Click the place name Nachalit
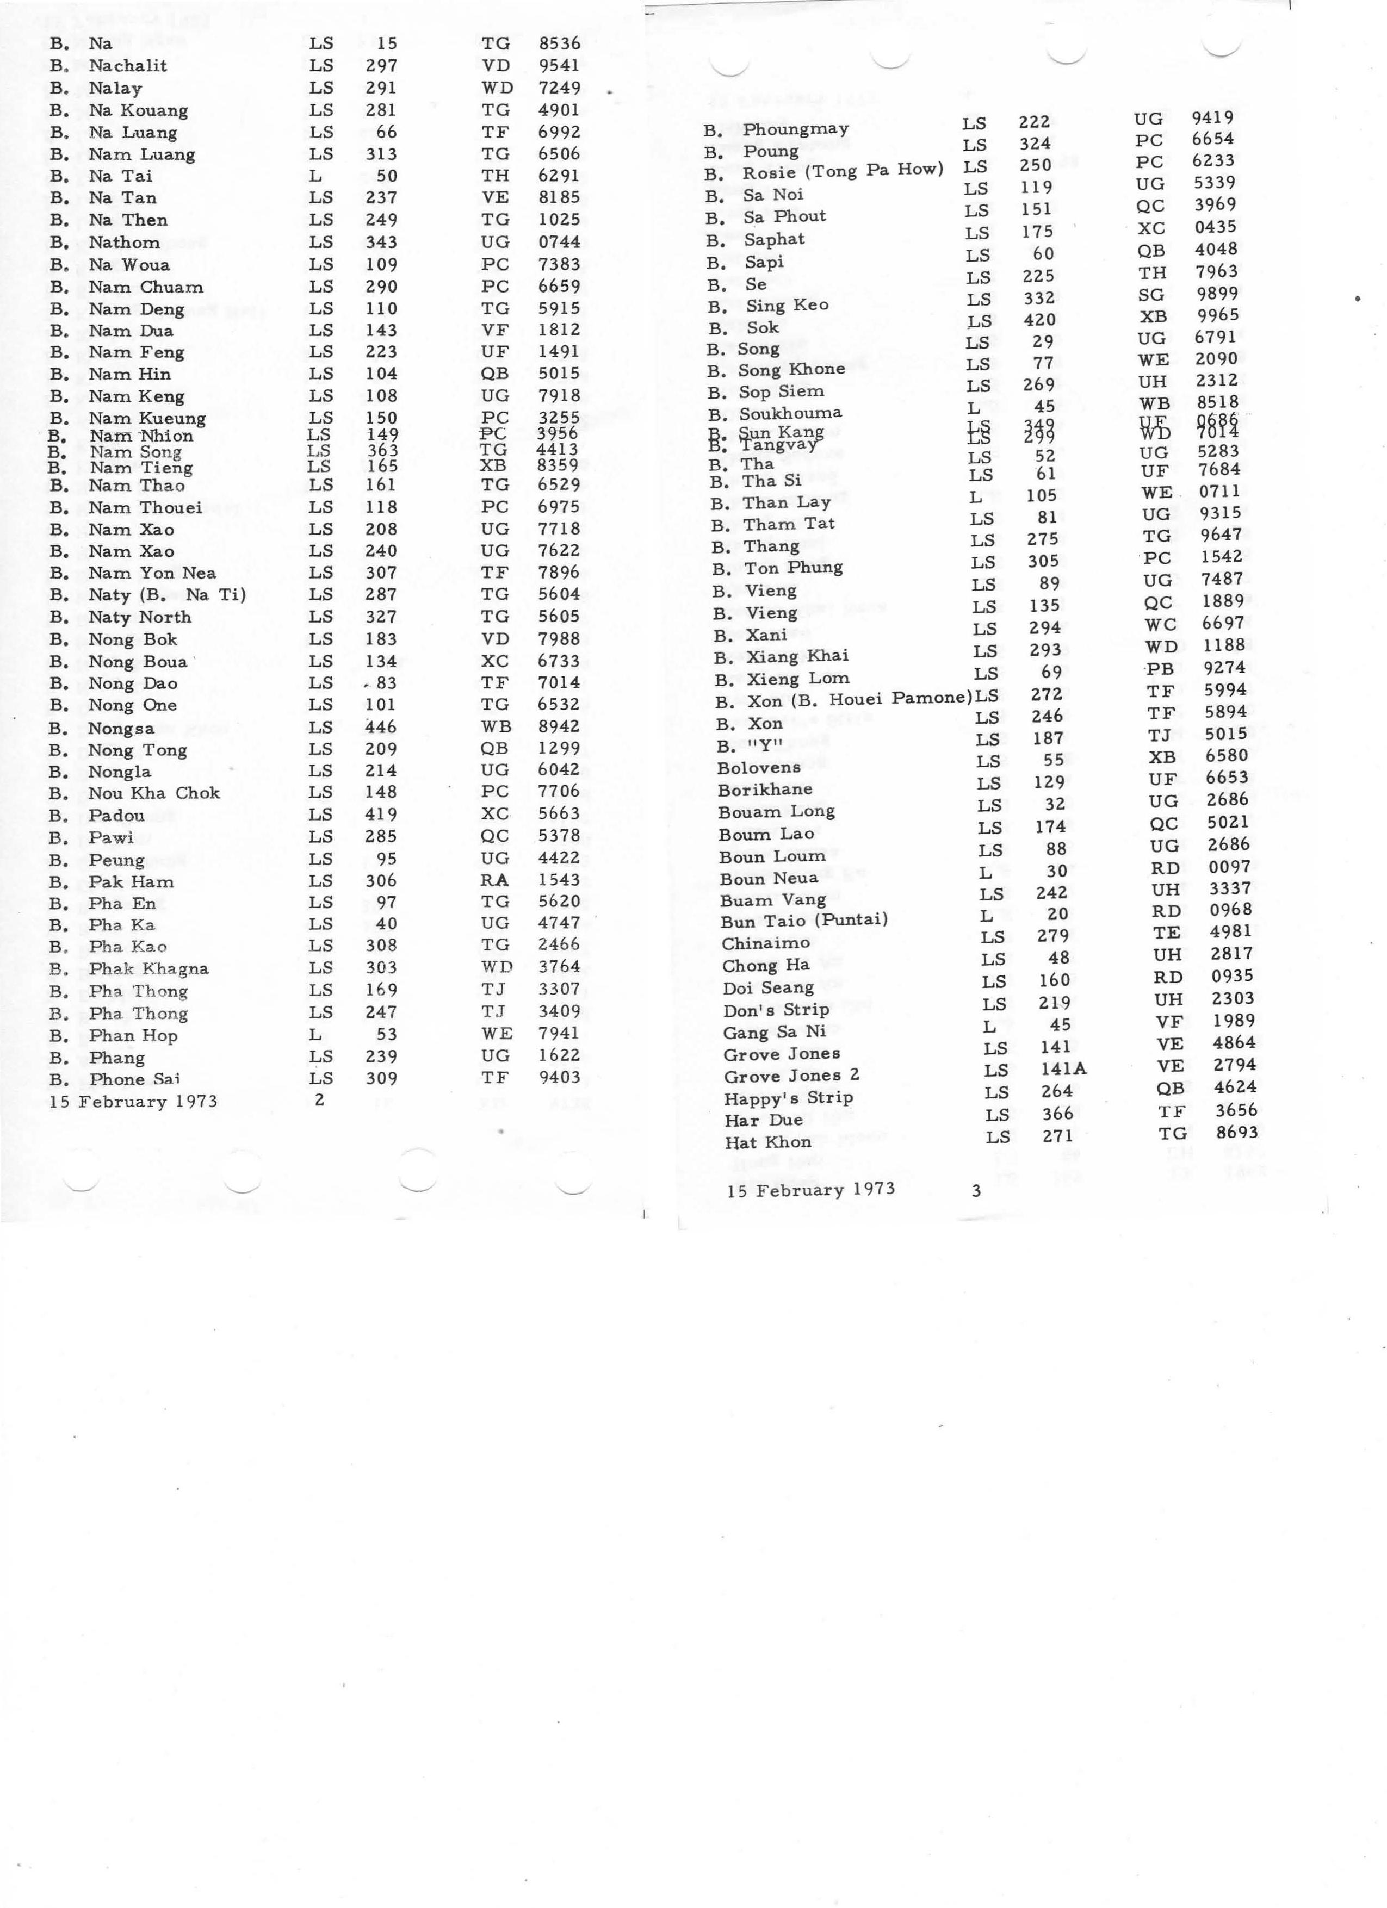128,66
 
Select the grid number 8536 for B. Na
560,43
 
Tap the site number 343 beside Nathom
381,243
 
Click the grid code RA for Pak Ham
495,880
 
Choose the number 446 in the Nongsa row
380,727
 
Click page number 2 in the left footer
319,1099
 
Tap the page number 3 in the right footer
976,1190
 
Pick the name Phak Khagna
149,968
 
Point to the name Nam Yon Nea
152,573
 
